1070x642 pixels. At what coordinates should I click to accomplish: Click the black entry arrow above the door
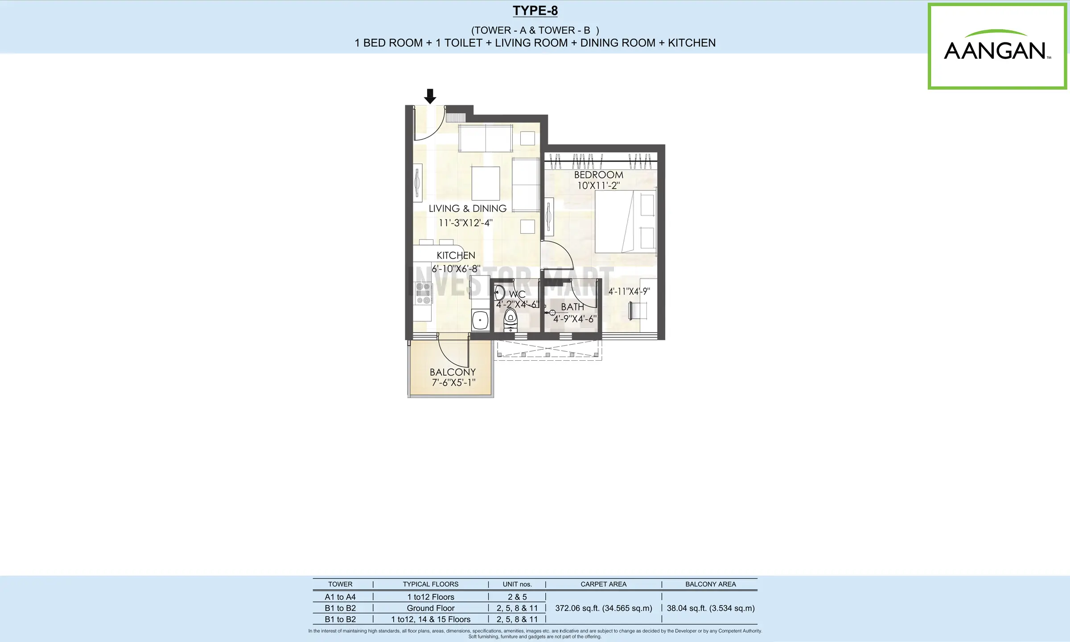[x=430, y=96]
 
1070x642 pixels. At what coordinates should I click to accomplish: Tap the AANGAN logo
[x=997, y=46]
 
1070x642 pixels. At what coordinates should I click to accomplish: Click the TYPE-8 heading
[x=535, y=11]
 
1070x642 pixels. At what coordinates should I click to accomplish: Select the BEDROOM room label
[x=598, y=175]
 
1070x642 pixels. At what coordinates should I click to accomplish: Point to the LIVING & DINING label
[x=468, y=208]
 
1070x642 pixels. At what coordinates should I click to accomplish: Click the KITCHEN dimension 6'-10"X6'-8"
[x=456, y=269]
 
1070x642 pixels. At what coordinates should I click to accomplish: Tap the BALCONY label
[x=453, y=372]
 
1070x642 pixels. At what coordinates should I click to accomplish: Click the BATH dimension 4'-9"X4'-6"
[x=575, y=319]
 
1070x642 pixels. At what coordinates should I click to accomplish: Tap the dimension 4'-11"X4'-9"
[x=629, y=291]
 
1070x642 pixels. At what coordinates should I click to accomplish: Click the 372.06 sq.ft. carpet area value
[x=604, y=608]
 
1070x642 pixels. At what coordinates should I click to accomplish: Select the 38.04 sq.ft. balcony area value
[x=711, y=608]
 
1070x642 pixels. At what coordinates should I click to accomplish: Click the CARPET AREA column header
[x=603, y=584]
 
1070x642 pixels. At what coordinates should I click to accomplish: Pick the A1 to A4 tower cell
[x=340, y=597]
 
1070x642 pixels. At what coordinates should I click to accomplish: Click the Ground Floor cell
[x=431, y=608]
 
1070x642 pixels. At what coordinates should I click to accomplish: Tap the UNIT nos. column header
[x=517, y=584]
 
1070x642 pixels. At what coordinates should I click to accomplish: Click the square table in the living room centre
[x=486, y=183]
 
